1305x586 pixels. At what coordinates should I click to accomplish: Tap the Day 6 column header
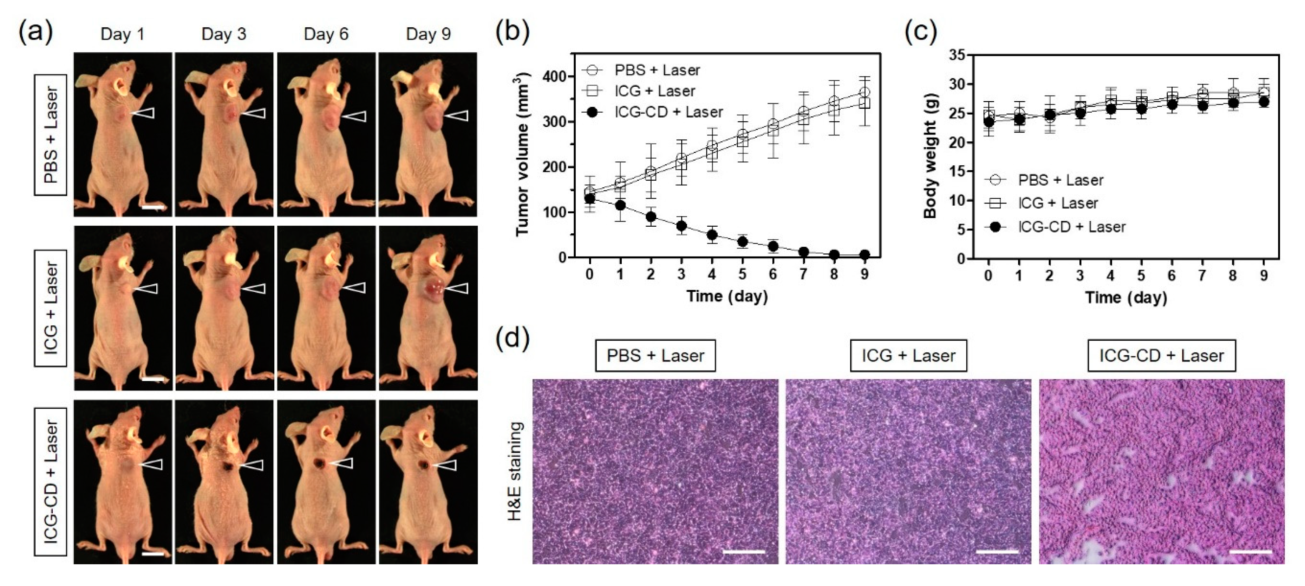[326, 34]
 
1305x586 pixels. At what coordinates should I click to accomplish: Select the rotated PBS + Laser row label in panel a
[51, 135]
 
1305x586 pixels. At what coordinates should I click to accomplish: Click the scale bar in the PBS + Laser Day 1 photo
[152, 207]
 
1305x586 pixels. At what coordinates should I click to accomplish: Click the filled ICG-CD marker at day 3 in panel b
[681, 226]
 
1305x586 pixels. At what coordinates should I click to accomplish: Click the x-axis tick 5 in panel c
[1141, 276]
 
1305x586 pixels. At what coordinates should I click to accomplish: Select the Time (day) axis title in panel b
[727, 296]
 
